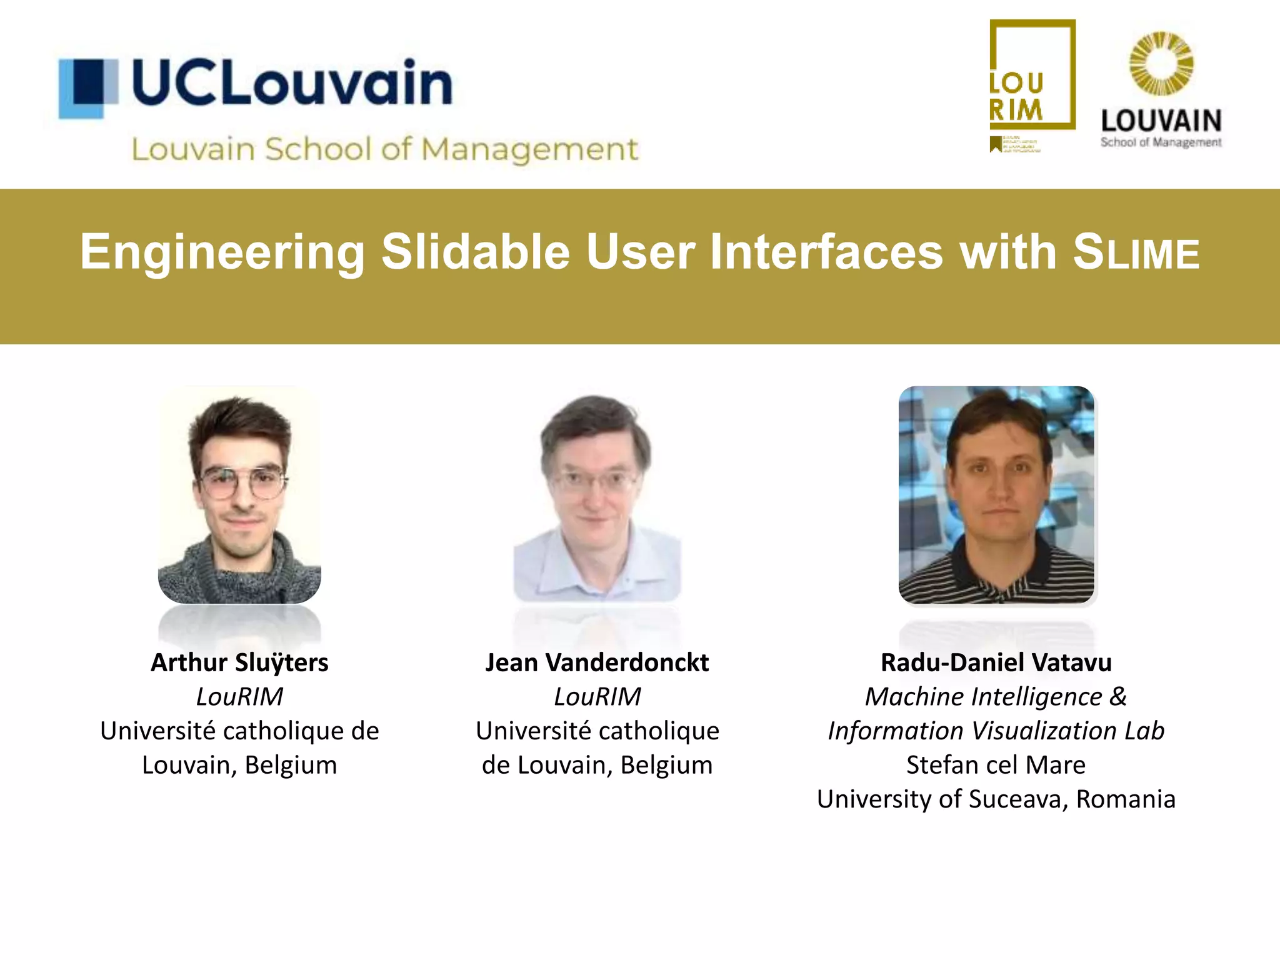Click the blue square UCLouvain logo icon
88,87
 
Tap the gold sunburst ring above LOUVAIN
1161,64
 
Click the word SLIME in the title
1136,252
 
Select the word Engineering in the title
222,252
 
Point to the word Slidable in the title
476,252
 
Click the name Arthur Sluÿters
239,662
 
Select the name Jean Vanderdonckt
597,662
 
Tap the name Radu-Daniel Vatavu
996,662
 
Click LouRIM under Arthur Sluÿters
239,697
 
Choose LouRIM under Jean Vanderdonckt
597,697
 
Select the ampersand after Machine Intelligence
1118,697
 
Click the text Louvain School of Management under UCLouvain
384,150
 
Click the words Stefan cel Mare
996,765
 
